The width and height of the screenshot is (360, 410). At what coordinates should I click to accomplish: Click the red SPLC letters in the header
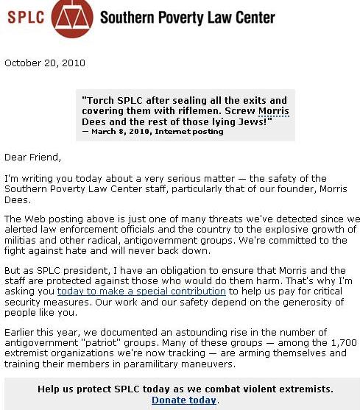pos(26,16)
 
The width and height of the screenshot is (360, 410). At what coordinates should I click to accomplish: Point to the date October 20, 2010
pos(45,63)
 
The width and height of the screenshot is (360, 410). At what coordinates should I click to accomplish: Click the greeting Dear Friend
pos(32,157)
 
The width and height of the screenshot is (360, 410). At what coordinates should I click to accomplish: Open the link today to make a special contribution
pos(141,291)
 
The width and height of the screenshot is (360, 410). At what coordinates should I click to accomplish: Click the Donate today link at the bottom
pos(184,400)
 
